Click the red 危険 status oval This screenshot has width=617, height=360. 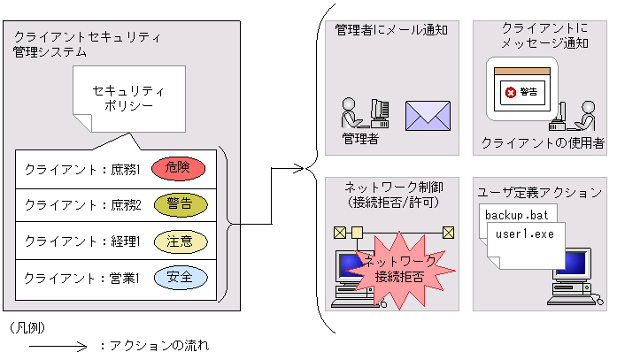tap(177, 168)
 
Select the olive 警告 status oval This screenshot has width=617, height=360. tap(180, 204)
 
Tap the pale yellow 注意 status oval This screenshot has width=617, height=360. tap(180, 241)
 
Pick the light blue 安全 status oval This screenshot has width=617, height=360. tap(180, 277)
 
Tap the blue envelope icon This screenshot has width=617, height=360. tap(428, 115)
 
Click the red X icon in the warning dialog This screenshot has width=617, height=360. tap(510, 91)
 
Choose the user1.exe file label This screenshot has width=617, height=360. tap(526, 234)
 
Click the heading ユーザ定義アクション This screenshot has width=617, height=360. tap(540, 192)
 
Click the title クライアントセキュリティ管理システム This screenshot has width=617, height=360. tap(86, 44)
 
